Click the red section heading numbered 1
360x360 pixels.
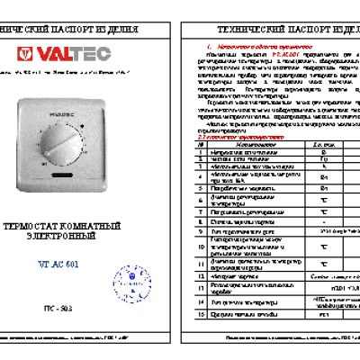tap(243, 43)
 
